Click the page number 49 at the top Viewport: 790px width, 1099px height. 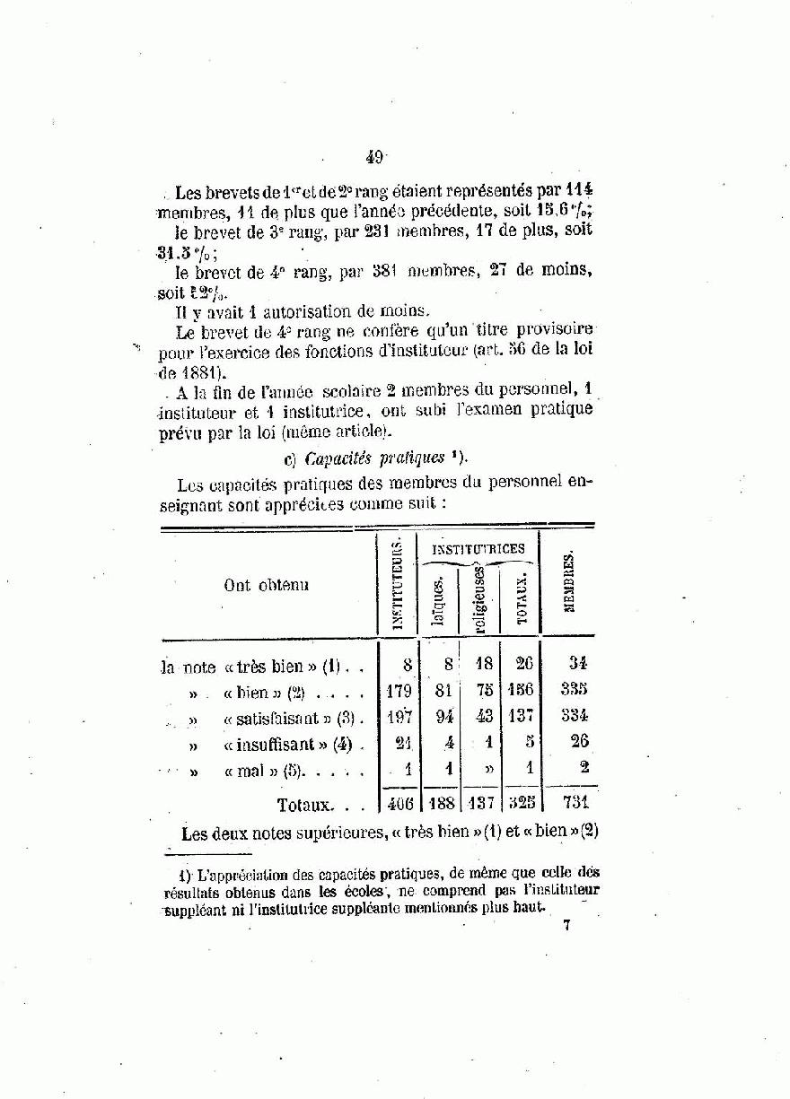[x=374, y=157]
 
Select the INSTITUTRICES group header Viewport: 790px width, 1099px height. [x=478, y=548]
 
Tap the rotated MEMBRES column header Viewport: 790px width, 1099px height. [x=568, y=584]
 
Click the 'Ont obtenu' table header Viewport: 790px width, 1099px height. [x=267, y=585]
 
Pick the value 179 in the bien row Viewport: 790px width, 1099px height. [x=398, y=691]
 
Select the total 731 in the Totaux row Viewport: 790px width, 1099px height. [x=575, y=802]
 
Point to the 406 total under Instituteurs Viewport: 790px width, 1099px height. [x=398, y=803]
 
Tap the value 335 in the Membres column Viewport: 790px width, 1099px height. [x=575, y=690]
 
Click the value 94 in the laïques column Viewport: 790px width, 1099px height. [x=440, y=716]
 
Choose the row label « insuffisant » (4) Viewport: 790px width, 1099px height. [x=289, y=744]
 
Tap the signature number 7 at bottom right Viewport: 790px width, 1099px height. [x=566, y=926]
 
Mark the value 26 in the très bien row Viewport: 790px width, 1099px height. [x=523, y=665]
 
